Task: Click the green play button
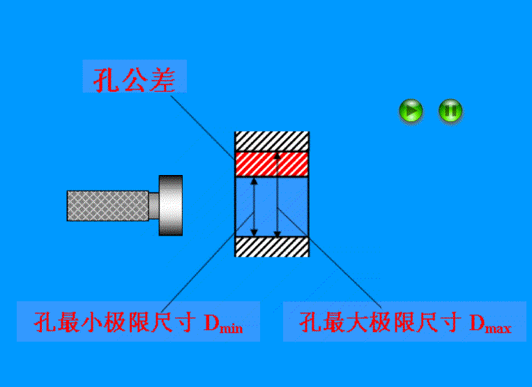[x=411, y=111]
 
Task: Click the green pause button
[x=450, y=111]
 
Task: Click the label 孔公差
[x=135, y=77]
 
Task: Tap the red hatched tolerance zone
[x=271, y=165]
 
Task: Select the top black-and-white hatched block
[x=271, y=141]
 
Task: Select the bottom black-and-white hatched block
[x=271, y=247]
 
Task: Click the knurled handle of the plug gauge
[x=108, y=205]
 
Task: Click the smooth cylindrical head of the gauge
[x=170, y=205]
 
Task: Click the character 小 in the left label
[x=86, y=323]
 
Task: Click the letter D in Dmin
[x=211, y=323]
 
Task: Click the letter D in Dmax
[x=478, y=323]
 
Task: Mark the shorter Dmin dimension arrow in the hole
[x=254, y=206]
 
